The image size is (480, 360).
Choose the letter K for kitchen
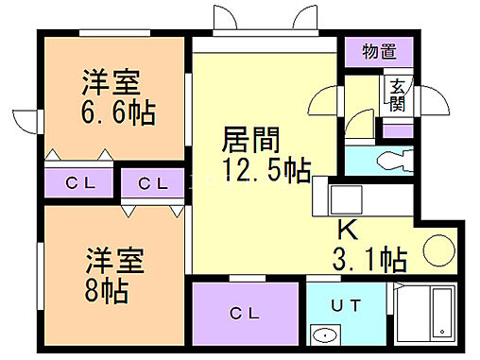coord(349,229)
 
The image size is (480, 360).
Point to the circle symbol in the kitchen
coord(437,251)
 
